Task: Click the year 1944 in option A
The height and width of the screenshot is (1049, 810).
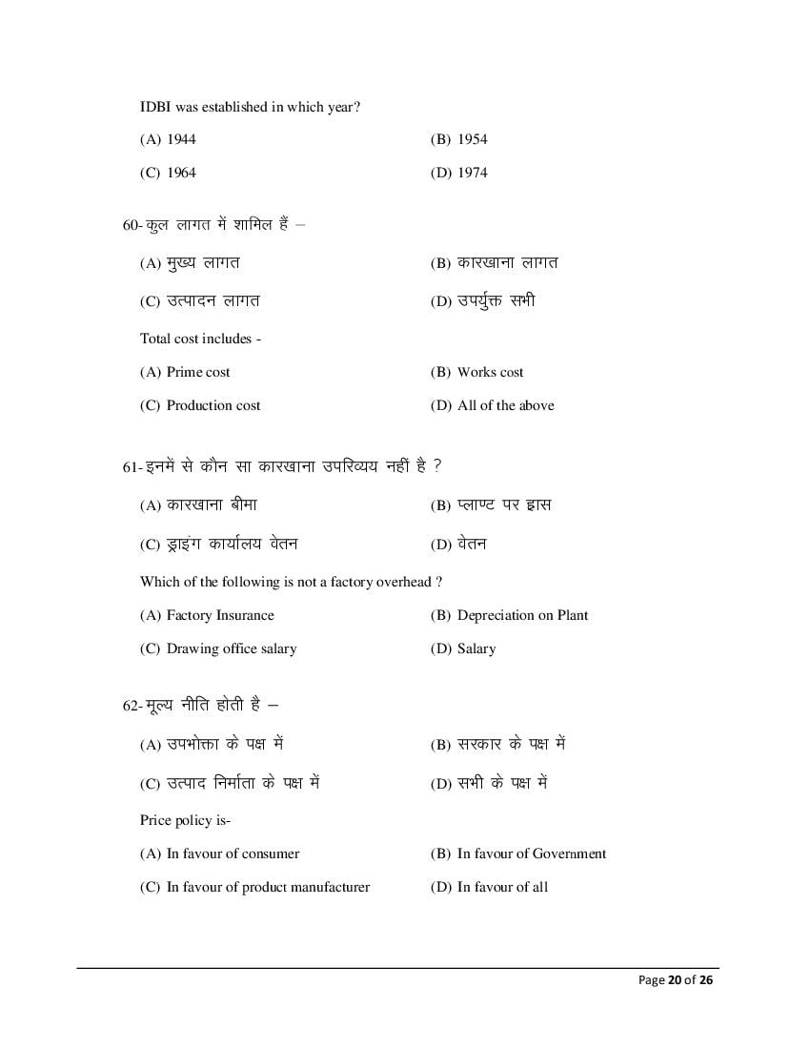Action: click(x=181, y=139)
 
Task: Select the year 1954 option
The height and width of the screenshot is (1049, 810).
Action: click(x=472, y=139)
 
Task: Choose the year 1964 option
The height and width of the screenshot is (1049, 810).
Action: click(x=181, y=173)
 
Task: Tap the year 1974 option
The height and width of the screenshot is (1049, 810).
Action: click(x=472, y=173)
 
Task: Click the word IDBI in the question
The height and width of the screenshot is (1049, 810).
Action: click(x=155, y=108)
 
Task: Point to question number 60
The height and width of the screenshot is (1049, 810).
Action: click(x=132, y=225)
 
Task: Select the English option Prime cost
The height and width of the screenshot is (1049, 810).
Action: click(x=198, y=372)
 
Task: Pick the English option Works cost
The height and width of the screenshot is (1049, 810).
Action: click(x=490, y=372)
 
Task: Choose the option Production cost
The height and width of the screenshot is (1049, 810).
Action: click(x=213, y=405)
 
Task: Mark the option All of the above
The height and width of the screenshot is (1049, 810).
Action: click(x=505, y=405)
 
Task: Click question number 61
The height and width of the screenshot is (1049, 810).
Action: click(x=132, y=467)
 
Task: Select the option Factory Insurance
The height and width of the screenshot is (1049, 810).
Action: click(x=220, y=615)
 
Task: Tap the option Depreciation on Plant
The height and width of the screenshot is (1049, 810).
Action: click(x=522, y=615)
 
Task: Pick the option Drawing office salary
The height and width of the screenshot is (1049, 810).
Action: click(x=232, y=648)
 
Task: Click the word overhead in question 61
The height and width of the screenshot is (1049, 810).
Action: click(x=401, y=582)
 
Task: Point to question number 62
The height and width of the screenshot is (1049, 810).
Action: click(x=132, y=707)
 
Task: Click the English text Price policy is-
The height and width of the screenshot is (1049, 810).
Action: click(x=186, y=820)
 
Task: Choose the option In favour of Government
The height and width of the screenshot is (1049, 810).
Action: click(x=532, y=854)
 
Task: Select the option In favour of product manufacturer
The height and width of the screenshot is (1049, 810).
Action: click(x=268, y=887)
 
